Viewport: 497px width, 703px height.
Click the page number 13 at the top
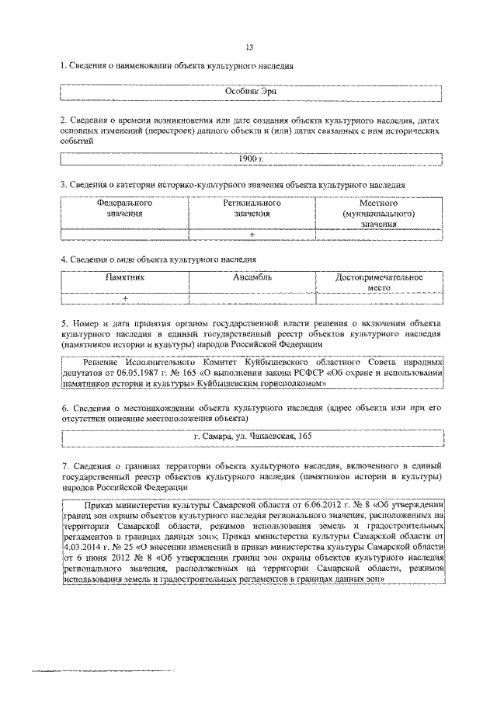249,47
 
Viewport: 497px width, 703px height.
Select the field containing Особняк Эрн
250,91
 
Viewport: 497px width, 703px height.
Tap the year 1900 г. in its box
251,158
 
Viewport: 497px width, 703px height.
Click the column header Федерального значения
124,208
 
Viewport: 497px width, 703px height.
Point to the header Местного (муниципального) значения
378,213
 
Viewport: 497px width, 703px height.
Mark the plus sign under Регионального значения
252,233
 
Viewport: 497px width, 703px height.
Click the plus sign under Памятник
124,298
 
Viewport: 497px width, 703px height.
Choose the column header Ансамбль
252,277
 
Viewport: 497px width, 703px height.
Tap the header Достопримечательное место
378,281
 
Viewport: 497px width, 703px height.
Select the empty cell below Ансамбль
252,298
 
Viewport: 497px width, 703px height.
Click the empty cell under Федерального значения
124,233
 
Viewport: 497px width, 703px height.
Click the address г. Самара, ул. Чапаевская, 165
253,437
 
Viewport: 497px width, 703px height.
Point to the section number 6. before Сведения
64,406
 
